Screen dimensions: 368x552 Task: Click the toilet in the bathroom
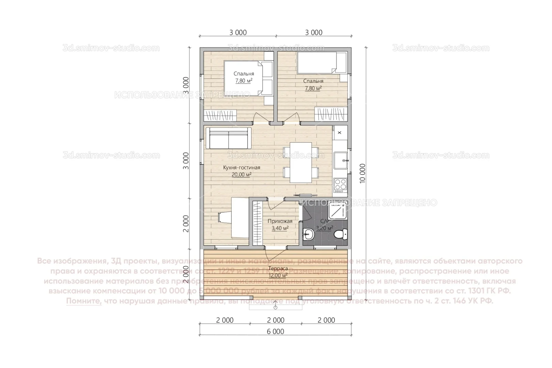340,234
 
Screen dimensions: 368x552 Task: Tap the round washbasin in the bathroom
309,235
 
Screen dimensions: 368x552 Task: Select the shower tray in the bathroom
337,212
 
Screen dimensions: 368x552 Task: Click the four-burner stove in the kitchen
340,185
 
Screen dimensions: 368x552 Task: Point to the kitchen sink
340,160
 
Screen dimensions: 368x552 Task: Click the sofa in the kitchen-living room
228,138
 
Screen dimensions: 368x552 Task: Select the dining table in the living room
301,162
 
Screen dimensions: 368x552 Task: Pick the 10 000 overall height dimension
362,174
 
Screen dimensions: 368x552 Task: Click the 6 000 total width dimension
276,332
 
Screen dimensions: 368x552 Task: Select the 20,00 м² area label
242,175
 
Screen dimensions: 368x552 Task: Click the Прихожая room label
280,221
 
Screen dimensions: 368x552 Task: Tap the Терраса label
278,269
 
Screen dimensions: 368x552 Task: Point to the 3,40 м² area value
280,228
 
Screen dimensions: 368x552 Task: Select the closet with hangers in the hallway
258,223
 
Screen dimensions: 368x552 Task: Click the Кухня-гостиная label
242,168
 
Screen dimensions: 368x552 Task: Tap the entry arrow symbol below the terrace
275,307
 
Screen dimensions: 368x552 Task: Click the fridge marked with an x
340,132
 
